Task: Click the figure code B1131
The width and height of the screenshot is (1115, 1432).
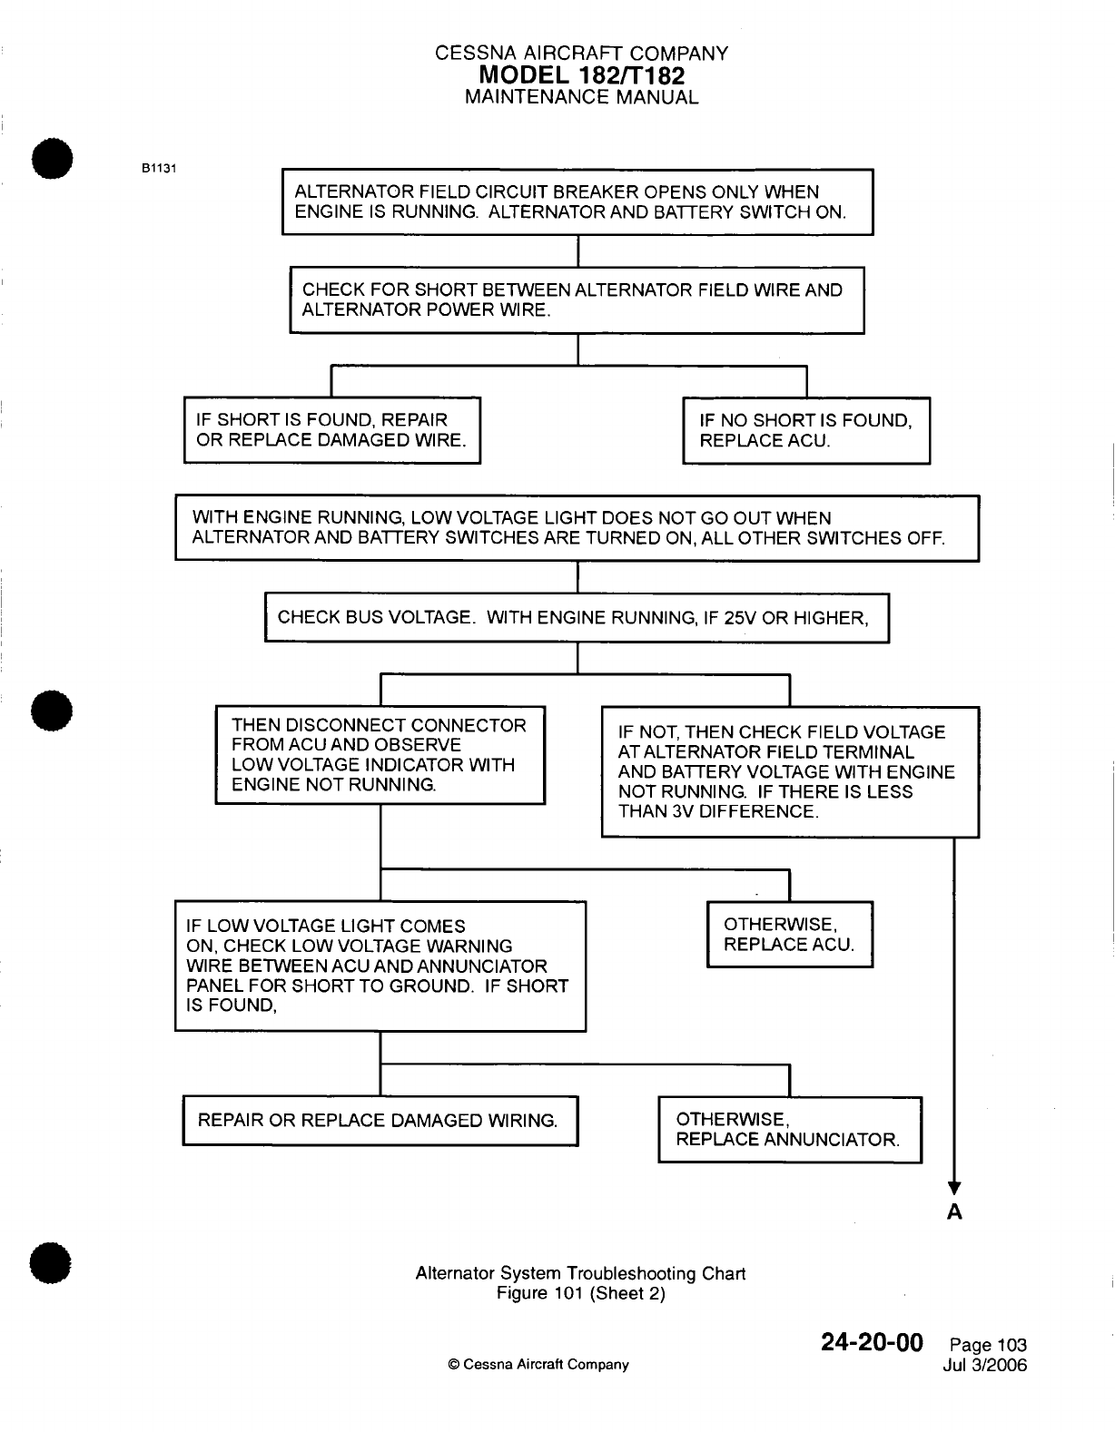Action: click(x=158, y=168)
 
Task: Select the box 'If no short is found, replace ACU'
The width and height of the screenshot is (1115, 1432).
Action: click(x=806, y=431)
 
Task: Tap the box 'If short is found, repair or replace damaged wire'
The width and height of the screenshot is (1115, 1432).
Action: click(x=332, y=431)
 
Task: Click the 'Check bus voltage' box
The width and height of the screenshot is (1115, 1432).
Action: click(x=577, y=618)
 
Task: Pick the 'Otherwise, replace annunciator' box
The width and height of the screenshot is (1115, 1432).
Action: click(x=789, y=1130)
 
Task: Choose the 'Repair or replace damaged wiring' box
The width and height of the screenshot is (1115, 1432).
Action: click(x=380, y=1121)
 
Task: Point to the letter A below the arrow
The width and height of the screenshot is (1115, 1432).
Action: click(x=954, y=1212)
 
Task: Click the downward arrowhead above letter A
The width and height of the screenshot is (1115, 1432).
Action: click(x=954, y=1188)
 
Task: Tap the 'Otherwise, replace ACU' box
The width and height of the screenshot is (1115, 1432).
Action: click(x=789, y=935)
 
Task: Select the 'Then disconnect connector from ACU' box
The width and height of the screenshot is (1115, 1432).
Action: click(x=380, y=755)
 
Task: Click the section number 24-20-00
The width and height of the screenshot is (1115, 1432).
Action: click(x=872, y=1342)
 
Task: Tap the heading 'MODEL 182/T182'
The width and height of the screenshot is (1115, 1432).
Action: click(x=581, y=75)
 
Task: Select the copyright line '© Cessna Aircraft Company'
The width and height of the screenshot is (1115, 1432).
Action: click(x=538, y=1365)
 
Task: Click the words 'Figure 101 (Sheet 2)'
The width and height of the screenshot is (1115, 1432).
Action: click(x=581, y=1294)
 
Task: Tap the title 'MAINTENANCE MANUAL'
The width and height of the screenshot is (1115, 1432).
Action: click(x=581, y=97)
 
